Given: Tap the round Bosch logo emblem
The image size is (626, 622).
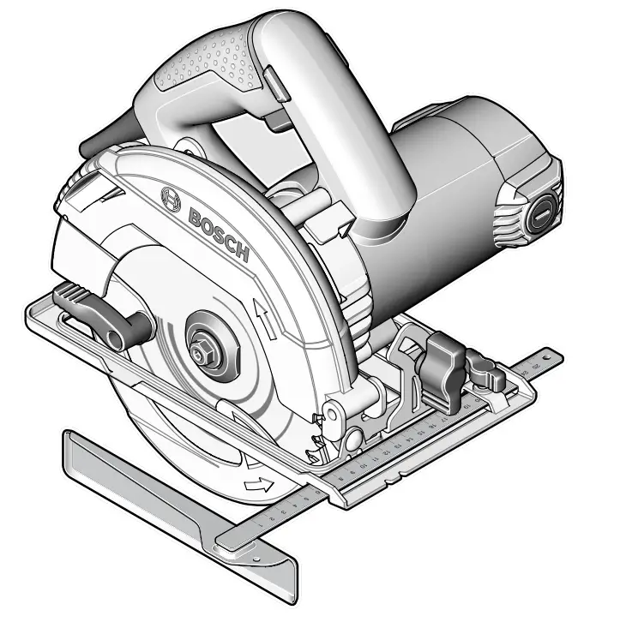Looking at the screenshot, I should point(171,199).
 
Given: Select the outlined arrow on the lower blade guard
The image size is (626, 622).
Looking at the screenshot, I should point(256,486).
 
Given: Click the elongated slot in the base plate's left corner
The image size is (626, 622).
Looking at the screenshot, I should point(64,320).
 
